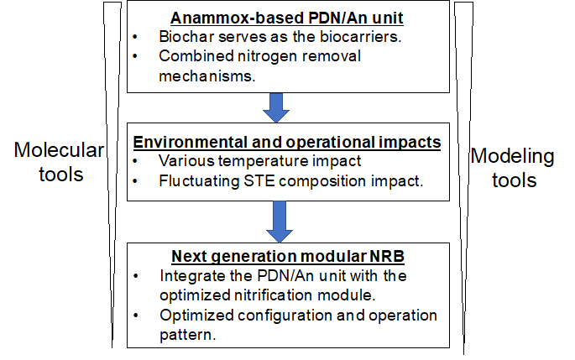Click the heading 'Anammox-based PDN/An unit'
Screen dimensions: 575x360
(287, 18)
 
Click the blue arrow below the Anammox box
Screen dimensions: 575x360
(276, 107)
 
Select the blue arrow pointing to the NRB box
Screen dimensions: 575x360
(280, 222)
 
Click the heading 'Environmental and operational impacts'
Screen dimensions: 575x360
(287, 143)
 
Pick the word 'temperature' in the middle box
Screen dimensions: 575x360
(261, 161)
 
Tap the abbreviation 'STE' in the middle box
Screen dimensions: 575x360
(259, 180)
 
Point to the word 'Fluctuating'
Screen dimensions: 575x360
(199, 181)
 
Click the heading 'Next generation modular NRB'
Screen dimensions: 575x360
(288, 256)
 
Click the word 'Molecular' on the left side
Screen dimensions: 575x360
(59, 150)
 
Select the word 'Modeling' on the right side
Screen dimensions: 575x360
(512, 157)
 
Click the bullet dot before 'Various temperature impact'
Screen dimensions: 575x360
(135, 161)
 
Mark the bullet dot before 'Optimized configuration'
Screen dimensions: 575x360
(136, 316)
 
